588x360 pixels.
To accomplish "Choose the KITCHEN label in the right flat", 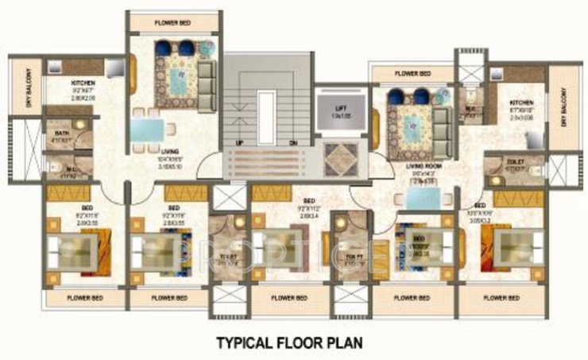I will [x=521, y=103].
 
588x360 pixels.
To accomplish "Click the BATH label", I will [x=59, y=134].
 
